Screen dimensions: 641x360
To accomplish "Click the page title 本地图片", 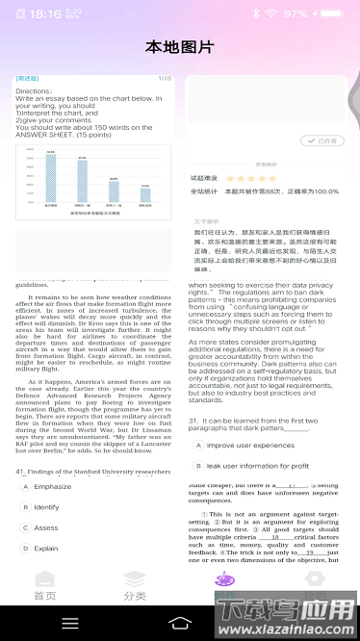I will [180, 47].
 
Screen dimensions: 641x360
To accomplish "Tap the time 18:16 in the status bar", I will [45, 14].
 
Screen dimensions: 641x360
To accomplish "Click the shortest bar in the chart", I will [144, 194].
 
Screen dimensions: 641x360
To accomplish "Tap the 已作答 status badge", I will [329, 141].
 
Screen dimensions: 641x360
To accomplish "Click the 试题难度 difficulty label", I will [206, 178].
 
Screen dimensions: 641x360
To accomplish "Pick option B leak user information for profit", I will [257, 466].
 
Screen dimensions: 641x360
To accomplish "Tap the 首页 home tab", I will [45, 587].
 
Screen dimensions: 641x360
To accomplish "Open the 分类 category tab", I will [135, 587].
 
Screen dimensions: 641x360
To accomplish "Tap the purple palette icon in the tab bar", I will [224, 580].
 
